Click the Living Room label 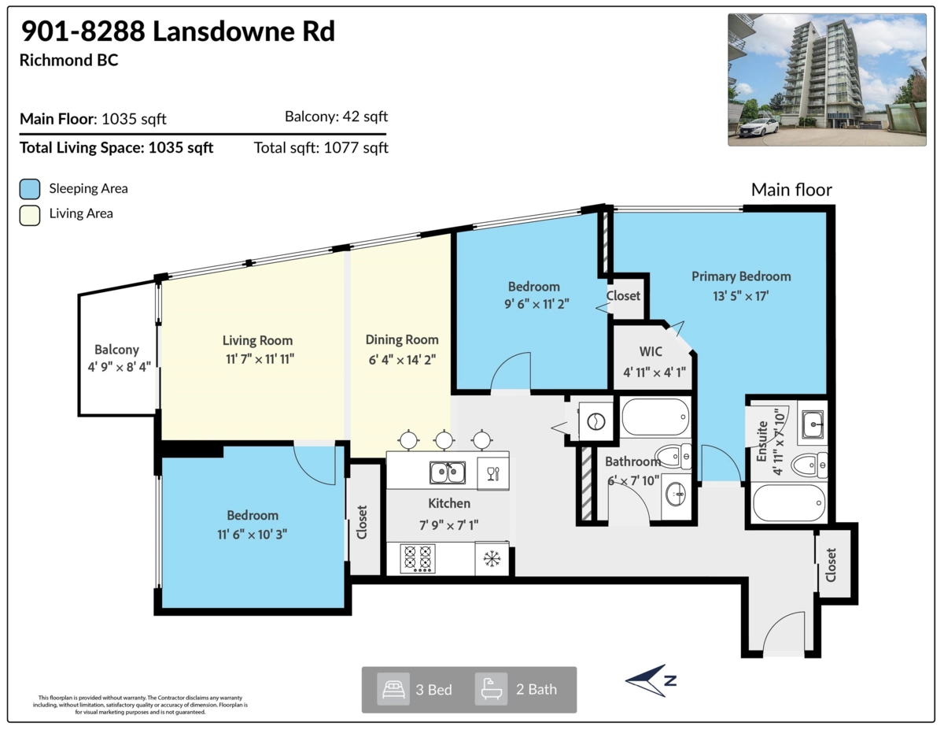coord(257,340)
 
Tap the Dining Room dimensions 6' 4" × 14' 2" coord(401,359)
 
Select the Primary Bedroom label coord(741,276)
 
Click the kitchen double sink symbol coord(447,472)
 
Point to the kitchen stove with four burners coord(418,558)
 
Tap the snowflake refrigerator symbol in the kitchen coord(492,559)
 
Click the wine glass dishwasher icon coord(492,472)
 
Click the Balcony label coord(116,350)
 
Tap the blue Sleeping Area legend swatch coord(30,189)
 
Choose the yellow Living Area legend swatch coord(30,213)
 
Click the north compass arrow coord(650,680)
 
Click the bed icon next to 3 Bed coord(393,689)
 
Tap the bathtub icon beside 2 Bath coord(491,689)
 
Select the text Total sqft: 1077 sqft coord(321,147)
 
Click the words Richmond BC coord(69,60)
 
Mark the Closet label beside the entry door coord(831,564)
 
